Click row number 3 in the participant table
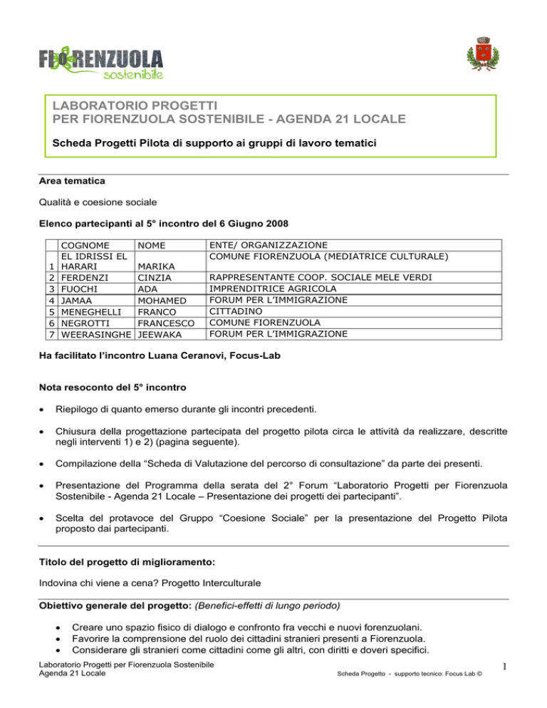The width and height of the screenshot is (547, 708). pyautogui.click(x=52, y=288)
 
